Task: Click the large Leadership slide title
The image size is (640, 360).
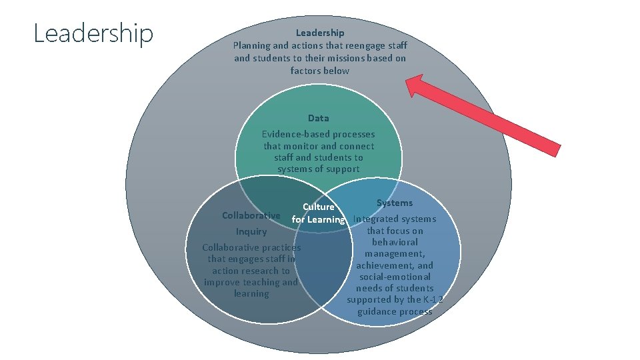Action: (93, 33)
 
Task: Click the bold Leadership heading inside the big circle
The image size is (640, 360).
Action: (320, 33)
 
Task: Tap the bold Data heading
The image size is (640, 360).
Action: (318, 118)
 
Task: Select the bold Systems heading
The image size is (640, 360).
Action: (395, 203)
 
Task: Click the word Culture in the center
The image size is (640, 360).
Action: (319, 207)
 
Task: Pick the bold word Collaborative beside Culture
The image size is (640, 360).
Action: (251, 215)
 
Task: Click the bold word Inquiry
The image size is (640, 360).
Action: (251, 231)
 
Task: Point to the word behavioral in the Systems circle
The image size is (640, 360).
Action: (395, 242)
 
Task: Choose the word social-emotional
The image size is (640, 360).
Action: (395, 277)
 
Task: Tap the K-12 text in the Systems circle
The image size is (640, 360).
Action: (434, 299)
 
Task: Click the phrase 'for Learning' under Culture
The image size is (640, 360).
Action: (319, 219)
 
